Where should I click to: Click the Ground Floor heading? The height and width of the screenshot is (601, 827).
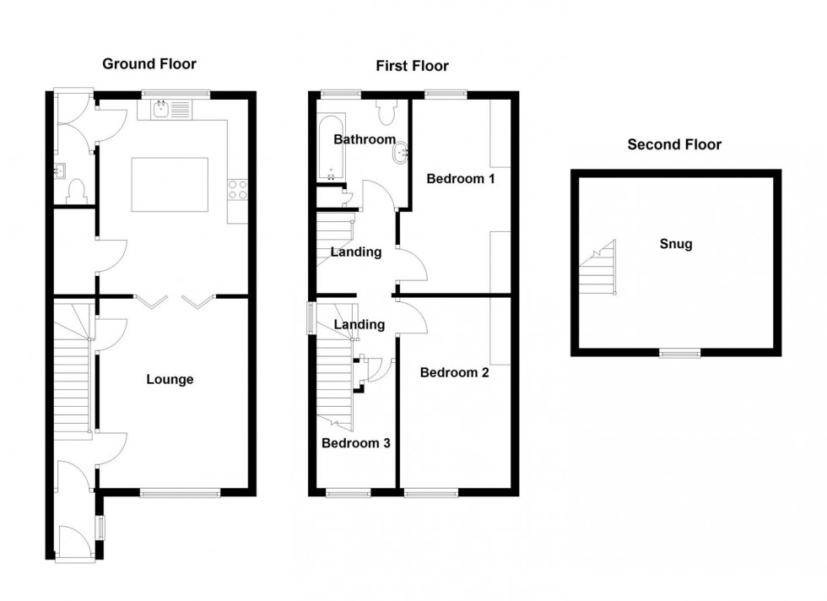pyautogui.click(x=149, y=63)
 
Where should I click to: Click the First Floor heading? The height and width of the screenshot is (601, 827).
pyautogui.click(x=412, y=66)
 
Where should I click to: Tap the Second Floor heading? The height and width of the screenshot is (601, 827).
pyautogui.click(x=674, y=144)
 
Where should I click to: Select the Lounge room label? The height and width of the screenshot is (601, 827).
pyautogui.click(x=170, y=380)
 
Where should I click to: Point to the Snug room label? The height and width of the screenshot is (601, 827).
pyautogui.click(x=676, y=245)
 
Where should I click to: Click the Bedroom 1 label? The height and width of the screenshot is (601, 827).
pyautogui.click(x=460, y=179)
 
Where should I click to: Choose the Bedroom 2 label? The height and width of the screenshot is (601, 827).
pyautogui.click(x=454, y=372)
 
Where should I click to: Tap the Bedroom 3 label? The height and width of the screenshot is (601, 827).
pyautogui.click(x=355, y=442)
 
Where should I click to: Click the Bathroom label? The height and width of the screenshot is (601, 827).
pyautogui.click(x=365, y=139)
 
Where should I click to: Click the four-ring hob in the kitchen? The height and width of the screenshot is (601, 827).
pyautogui.click(x=236, y=191)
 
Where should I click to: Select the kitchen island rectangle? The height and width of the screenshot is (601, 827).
pyautogui.click(x=169, y=186)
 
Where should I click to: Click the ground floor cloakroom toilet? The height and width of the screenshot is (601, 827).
pyautogui.click(x=77, y=191)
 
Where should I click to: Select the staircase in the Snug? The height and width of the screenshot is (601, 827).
pyautogui.click(x=597, y=268)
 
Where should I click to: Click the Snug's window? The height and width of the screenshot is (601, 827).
pyautogui.click(x=679, y=353)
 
